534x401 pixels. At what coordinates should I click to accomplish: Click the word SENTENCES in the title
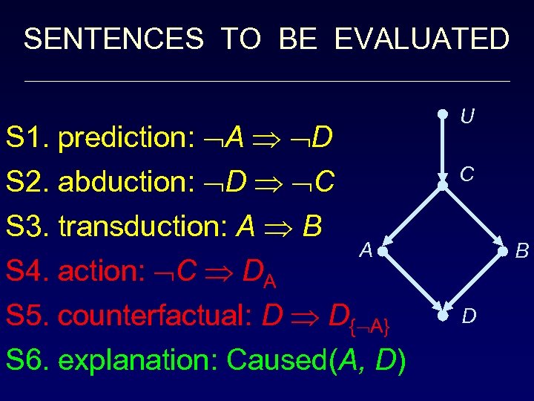[113, 39]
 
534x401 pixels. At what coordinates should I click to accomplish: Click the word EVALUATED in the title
[421, 39]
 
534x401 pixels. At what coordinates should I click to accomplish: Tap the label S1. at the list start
[27, 137]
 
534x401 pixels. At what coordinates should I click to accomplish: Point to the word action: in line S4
[105, 271]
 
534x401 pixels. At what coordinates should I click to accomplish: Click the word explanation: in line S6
[138, 360]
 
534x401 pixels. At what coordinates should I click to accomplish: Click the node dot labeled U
[442, 114]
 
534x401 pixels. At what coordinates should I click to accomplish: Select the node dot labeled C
[442, 186]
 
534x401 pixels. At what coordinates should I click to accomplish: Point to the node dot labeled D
[442, 316]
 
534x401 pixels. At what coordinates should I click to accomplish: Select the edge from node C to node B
[472, 219]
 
